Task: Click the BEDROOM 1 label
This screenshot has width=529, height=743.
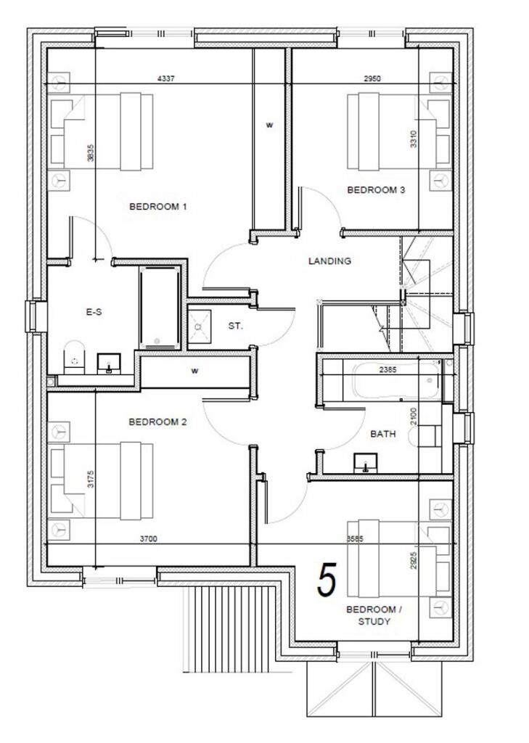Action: pos(158,207)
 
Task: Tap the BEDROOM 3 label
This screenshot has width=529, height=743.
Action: pos(376,190)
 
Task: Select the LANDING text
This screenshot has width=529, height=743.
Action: pos(329,261)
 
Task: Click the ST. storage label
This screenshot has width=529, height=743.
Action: pos(235,327)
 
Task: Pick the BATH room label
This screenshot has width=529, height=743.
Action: pos(383,435)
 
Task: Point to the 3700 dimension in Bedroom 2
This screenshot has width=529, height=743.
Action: pos(149,539)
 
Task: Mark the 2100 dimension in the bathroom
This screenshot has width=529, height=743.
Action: pos(413,417)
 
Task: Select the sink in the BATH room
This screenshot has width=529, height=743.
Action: pos(365,462)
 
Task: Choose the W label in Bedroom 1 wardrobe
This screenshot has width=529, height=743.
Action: pos(269,126)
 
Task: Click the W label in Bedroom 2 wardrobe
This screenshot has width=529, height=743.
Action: pos(194,371)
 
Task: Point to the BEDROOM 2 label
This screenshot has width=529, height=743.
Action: pos(157,422)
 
